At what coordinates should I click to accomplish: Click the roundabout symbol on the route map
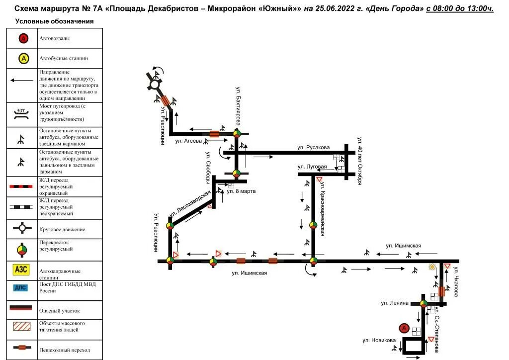click(x=155, y=85)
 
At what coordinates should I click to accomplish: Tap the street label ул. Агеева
click(x=188, y=141)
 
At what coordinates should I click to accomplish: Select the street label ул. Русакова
click(x=313, y=148)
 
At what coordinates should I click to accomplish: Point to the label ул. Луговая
click(x=312, y=167)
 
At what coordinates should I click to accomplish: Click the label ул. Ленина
click(x=395, y=303)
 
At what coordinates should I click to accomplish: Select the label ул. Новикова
click(x=379, y=340)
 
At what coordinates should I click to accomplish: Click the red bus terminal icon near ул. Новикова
click(x=404, y=329)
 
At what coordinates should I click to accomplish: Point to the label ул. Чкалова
click(x=455, y=281)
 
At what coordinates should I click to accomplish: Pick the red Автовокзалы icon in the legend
click(x=23, y=38)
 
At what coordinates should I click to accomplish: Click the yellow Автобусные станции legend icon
click(x=23, y=58)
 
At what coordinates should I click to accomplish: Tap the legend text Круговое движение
click(x=62, y=230)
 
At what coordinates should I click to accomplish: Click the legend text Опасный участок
click(x=59, y=310)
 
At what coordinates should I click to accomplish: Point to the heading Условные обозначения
click(x=54, y=21)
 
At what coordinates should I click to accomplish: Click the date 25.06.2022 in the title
click(x=339, y=9)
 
